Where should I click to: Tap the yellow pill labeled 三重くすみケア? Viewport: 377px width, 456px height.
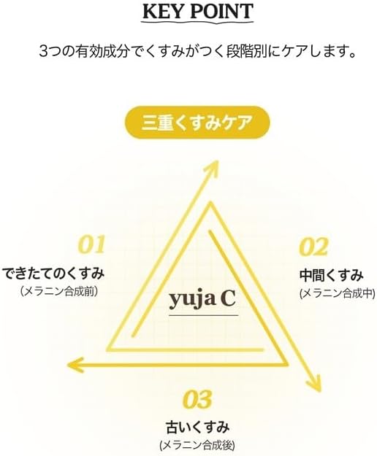197,123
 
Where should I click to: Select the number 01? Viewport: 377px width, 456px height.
91,245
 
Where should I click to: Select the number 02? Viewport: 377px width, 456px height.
314,247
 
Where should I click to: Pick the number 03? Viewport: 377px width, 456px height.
197,399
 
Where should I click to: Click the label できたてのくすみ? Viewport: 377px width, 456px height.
53,274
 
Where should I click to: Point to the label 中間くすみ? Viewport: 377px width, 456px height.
332,275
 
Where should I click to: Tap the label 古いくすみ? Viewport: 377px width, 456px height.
197,428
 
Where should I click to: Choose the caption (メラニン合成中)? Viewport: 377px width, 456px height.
338,294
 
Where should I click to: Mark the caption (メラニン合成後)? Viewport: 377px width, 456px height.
197,445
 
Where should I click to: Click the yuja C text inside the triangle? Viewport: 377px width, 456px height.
202,300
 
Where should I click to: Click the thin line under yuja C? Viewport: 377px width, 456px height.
204,315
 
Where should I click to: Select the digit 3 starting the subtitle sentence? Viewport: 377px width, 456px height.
43,52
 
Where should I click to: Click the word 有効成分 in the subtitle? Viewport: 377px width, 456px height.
101,52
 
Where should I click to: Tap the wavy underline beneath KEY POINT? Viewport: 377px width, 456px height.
197,22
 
